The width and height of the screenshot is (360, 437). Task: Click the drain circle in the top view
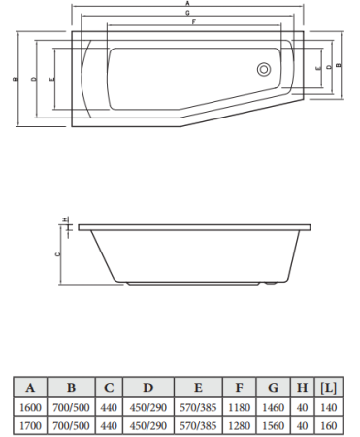pyautogui.click(x=261, y=70)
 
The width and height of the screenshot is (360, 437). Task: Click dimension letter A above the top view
pyautogui.click(x=186, y=5)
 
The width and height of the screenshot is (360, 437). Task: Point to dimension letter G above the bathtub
pyautogui.click(x=186, y=14)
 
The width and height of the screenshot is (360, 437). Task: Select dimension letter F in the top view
pyautogui.click(x=194, y=22)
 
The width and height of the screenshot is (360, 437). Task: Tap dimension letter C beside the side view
pyautogui.click(x=57, y=253)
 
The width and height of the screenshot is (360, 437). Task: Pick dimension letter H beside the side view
pyautogui.click(x=64, y=219)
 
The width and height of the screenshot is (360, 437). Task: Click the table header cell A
pyautogui.click(x=30, y=387)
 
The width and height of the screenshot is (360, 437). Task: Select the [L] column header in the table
pyautogui.click(x=328, y=387)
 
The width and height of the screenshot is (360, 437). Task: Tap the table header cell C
pyautogui.click(x=110, y=387)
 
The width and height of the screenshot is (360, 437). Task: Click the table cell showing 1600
pyautogui.click(x=30, y=407)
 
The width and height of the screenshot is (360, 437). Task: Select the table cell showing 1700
pyautogui.click(x=30, y=424)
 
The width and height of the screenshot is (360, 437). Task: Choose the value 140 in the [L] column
pyautogui.click(x=328, y=407)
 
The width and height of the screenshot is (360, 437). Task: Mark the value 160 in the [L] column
pyautogui.click(x=328, y=424)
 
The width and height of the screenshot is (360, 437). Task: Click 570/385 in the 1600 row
pyautogui.click(x=197, y=407)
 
